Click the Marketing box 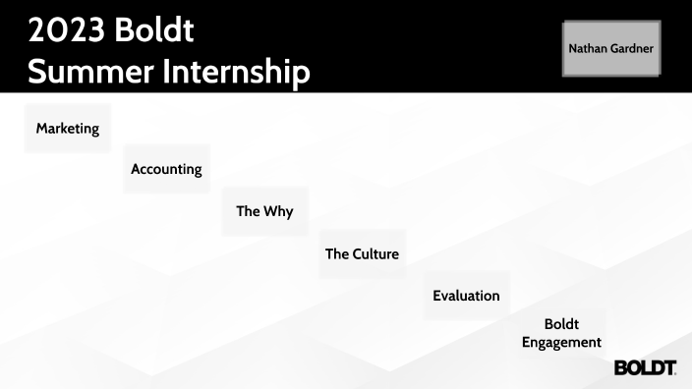click(x=68, y=128)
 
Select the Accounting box click(x=167, y=169)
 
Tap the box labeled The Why click(x=264, y=211)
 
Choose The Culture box click(x=362, y=254)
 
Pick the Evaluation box click(x=467, y=296)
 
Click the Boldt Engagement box click(x=561, y=333)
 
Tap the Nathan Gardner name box click(x=611, y=47)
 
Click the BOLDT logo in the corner click(x=645, y=367)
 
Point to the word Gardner click(x=633, y=47)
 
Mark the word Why click(x=278, y=211)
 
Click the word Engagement click(x=561, y=343)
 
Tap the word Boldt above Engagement click(x=561, y=324)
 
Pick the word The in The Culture click(x=337, y=254)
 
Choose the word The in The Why click(x=248, y=211)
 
